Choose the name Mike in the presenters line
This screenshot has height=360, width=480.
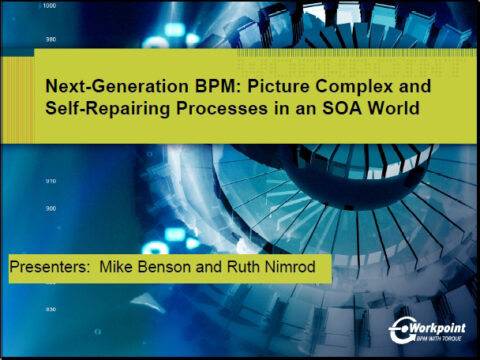(x=111, y=269)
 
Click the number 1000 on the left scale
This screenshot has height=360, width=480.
(x=49, y=6)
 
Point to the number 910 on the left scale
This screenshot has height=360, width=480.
(x=50, y=181)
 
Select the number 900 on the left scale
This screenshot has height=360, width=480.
(x=50, y=208)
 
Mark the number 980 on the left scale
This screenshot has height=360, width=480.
(x=50, y=40)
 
